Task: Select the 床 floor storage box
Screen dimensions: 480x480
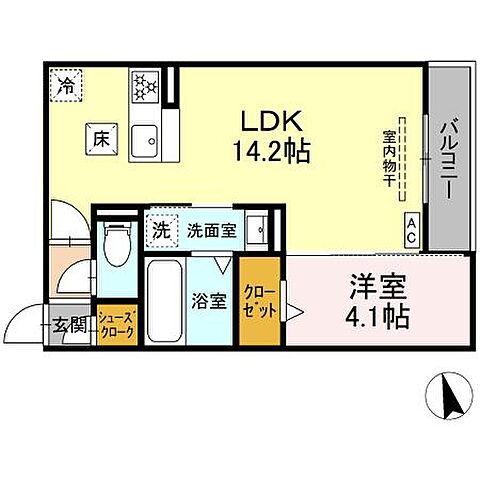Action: pyautogui.click(x=101, y=139)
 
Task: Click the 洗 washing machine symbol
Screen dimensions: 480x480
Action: pyautogui.click(x=160, y=228)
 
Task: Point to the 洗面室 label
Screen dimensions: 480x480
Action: pyautogui.click(x=211, y=229)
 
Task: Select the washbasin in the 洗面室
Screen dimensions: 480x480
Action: pyautogui.click(x=258, y=229)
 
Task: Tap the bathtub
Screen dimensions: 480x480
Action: pyautogui.click(x=163, y=301)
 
